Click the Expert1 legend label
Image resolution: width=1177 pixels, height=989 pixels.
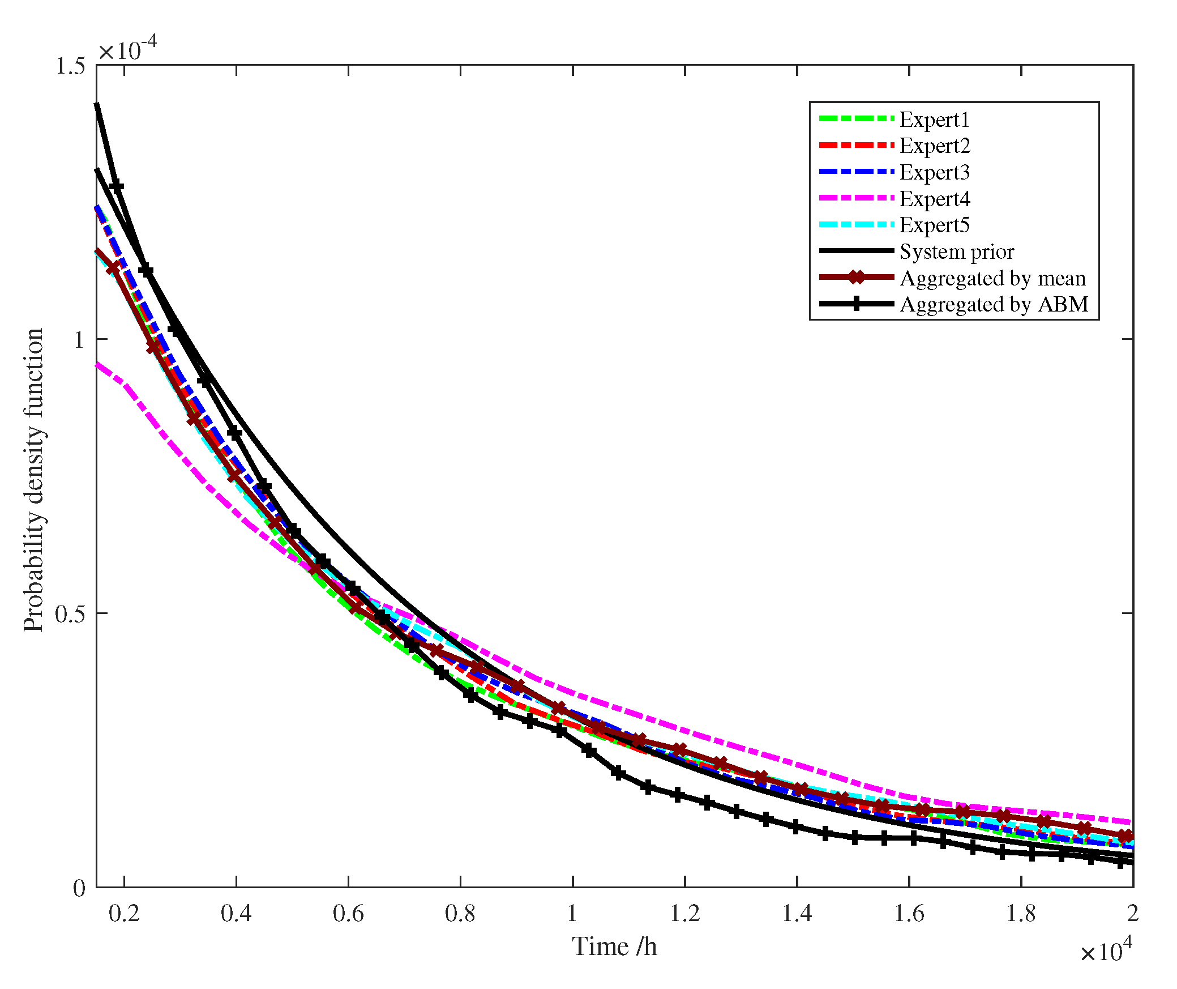point(934,120)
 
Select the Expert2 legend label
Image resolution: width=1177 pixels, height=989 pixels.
point(934,146)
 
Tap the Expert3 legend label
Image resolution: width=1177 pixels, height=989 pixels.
point(934,172)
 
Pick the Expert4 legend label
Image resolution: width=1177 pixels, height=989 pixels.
point(934,199)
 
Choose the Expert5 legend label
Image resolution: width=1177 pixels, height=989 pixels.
point(934,225)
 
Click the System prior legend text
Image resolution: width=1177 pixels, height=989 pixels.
point(957,251)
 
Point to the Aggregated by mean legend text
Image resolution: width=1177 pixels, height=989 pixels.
point(992,278)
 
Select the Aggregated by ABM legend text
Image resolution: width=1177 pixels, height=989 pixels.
point(994,304)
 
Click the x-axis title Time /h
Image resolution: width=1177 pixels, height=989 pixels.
point(614,947)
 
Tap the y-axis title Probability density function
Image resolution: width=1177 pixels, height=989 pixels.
point(34,480)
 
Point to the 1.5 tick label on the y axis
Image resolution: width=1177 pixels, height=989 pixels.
point(70,66)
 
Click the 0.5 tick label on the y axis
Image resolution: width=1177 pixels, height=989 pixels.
point(70,613)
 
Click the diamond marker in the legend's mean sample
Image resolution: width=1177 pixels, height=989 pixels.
point(857,278)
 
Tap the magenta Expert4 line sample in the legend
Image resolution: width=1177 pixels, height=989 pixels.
point(857,198)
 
